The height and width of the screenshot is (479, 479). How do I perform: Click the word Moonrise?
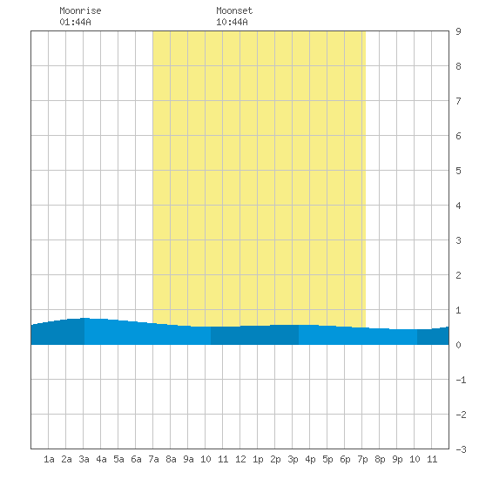(80, 10)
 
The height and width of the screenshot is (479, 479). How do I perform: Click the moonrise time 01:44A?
(75, 22)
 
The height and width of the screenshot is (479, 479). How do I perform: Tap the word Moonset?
(234, 10)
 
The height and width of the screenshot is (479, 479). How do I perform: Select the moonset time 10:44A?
(232, 22)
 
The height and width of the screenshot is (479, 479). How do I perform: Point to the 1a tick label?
(49, 459)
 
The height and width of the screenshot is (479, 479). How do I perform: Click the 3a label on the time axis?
(84, 459)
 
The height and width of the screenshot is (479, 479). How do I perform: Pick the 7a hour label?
(153, 459)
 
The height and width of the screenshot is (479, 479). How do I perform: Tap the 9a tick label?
(188, 459)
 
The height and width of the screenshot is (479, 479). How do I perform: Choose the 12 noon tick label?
(240, 459)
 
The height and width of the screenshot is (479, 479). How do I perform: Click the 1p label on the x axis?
(258, 459)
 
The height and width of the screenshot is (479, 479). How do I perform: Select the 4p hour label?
(310, 459)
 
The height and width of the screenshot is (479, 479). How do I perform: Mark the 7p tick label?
(362, 459)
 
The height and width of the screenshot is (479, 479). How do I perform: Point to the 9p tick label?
(397, 459)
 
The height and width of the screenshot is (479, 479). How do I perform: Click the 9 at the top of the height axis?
(458, 31)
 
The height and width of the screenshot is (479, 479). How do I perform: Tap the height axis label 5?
(458, 171)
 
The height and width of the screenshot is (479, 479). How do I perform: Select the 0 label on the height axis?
(458, 345)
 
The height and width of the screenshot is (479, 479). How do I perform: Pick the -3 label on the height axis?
(461, 449)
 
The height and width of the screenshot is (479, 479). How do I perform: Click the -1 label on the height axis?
(461, 380)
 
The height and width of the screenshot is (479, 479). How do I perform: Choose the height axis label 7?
(458, 101)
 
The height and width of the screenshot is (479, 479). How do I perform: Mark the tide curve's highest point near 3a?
(84, 318)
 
